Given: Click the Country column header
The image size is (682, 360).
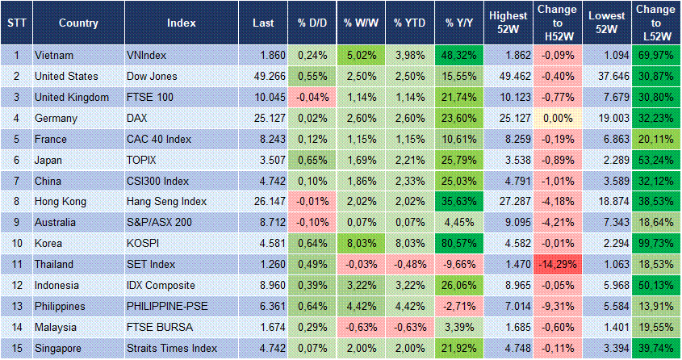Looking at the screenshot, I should (78, 22).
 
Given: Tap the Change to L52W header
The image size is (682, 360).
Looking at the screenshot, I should (656, 22).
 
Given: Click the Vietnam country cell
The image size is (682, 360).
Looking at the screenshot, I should (57, 55).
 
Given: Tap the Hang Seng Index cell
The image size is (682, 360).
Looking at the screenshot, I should (167, 201).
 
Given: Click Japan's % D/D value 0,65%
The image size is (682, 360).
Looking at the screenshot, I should (308, 159).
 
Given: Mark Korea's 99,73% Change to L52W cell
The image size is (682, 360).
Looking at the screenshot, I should (656, 243).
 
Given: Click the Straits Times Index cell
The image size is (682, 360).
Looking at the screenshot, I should (172, 348).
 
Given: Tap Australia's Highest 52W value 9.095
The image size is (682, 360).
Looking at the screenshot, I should (508, 222).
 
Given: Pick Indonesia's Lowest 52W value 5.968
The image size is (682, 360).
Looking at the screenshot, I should (606, 285).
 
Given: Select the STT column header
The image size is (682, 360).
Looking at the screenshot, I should (16, 22).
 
